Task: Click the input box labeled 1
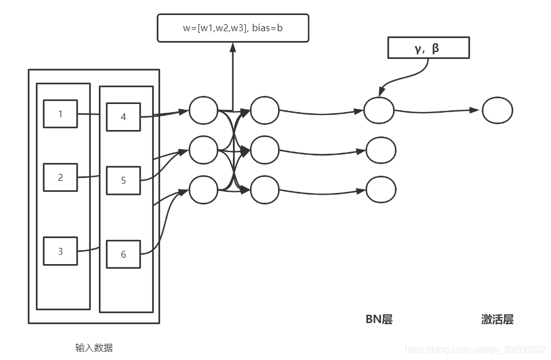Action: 60,114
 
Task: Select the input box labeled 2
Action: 60,177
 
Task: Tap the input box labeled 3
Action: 60,251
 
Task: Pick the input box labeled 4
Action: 123,117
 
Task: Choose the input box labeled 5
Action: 123,180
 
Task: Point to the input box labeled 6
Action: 123,254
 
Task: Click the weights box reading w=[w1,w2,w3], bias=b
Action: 232,28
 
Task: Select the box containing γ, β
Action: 428,49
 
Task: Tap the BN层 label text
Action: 379,320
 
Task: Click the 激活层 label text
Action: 497,320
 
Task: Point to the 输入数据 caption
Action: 94,348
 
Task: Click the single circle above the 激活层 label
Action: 497,110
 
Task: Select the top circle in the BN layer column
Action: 379,110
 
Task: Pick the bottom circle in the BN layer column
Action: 381,190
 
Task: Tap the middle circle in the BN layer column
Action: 381,150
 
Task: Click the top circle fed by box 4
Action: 204,110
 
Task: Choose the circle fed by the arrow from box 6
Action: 204,190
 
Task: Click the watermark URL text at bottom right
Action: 475,350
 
